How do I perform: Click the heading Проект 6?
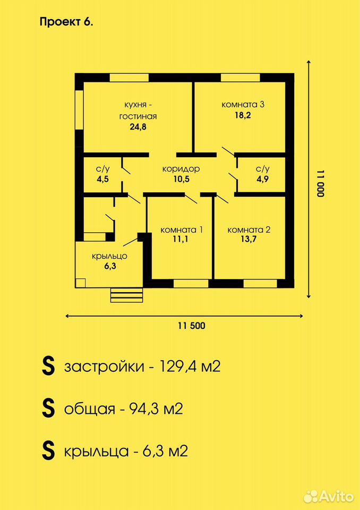(66, 22)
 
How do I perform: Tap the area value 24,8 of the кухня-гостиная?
(138, 127)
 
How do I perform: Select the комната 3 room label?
(243, 105)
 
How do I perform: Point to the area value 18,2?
(243, 115)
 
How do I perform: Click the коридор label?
(181, 169)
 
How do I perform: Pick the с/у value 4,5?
(103, 179)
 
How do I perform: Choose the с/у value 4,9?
(262, 179)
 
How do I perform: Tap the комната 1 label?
(182, 230)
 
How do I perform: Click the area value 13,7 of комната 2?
(249, 240)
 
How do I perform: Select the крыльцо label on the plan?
(109, 256)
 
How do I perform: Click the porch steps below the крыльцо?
(127, 295)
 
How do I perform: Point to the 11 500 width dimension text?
(192, 326)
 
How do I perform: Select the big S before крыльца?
(48, 451)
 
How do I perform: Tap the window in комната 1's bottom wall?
(191, 284)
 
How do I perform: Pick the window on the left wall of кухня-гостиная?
(79, 110)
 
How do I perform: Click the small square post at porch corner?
(80, 283)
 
